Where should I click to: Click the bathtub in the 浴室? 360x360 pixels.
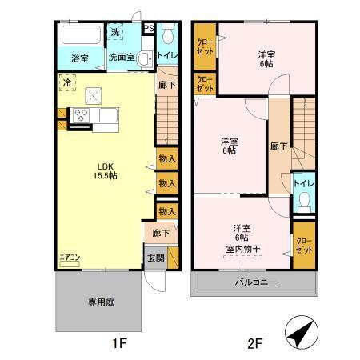point(78,36)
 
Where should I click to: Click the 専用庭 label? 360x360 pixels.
point(98,303)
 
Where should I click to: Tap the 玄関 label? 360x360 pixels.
point(154,258)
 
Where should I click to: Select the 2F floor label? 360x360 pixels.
point(254,344)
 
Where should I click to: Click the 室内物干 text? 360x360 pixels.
point(242,249)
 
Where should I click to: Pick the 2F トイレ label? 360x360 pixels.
point(303,182)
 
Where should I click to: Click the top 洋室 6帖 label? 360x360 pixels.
point(265,58)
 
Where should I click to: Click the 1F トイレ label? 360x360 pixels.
point(168,56)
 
